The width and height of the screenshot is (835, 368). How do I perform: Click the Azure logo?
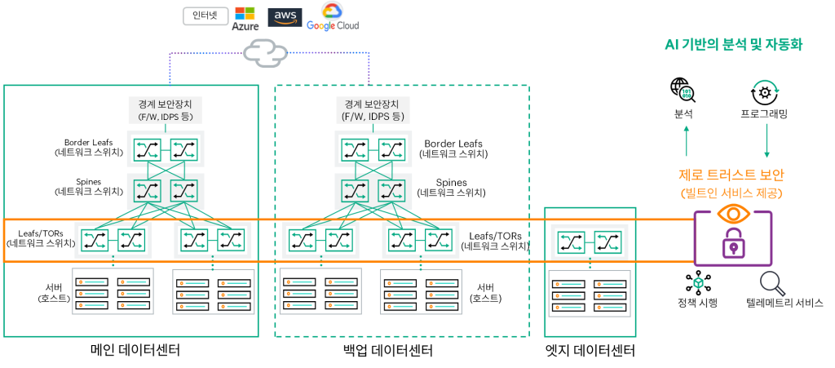(245, 18)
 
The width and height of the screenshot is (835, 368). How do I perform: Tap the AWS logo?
(285, 17)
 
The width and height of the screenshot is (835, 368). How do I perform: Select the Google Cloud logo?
(333, 18)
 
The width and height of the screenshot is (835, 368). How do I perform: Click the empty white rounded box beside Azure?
(205, 16)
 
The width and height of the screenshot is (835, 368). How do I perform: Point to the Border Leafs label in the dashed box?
(454, 148)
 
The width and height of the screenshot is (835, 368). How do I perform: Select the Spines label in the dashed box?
(451, 187)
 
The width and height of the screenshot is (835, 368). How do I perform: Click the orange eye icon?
(733, 214)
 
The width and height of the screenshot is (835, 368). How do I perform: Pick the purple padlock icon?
(733, 245)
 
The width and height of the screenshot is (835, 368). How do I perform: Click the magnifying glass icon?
(771, 283)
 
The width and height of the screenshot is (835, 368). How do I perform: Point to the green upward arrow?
(687, 140)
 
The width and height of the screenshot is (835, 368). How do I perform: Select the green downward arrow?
(767, 140)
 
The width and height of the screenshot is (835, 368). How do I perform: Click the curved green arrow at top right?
(766, 87)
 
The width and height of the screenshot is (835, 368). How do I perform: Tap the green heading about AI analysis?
(733, 45)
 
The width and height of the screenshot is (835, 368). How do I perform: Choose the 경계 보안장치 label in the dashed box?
(373, 110)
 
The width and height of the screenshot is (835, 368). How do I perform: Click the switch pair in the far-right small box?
(589, 242)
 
